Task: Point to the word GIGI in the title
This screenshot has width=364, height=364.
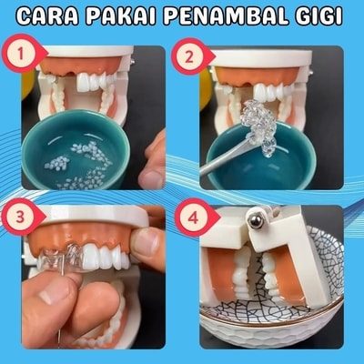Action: click(319, 16)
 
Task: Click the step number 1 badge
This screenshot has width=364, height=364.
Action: click(21, 55)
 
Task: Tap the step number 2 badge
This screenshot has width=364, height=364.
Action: click(190, 57)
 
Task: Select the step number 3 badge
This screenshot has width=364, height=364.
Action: click(21, 217)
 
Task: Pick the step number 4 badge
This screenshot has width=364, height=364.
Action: click(195, 218)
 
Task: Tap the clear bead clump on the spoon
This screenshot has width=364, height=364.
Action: click(258, 121)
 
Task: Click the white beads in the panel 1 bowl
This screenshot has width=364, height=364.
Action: click(79, 167)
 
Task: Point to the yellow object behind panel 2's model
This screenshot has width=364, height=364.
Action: click(205, 88)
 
